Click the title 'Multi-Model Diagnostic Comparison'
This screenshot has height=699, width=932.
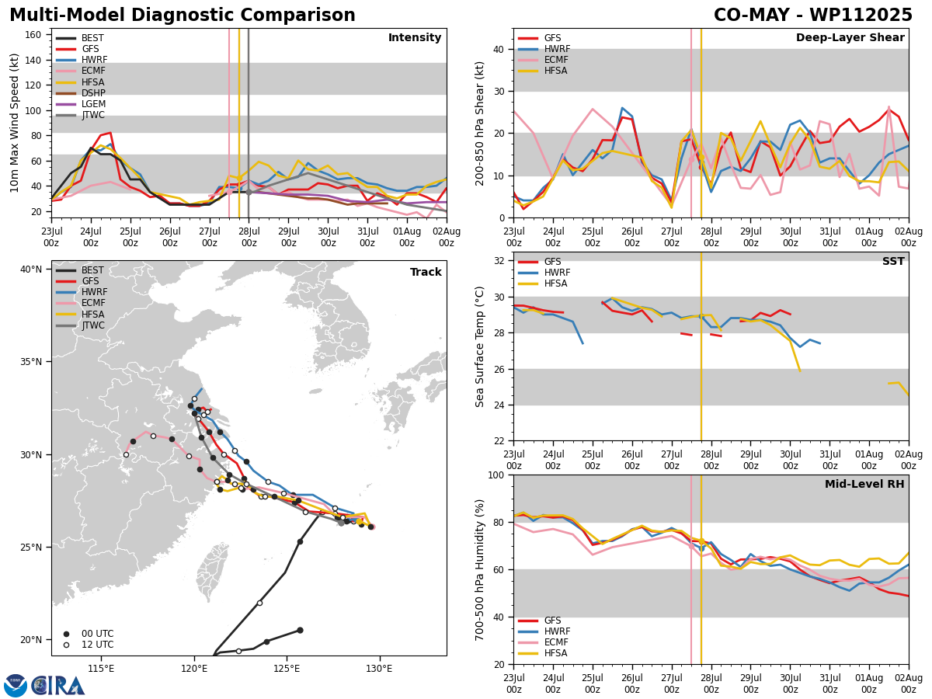(x=183, y=15)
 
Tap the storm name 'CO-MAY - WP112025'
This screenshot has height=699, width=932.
(x=812, y=15)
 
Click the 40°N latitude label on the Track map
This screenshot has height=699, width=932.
(x=31, y=270)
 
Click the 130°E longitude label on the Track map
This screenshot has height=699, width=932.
(x=379, y=669)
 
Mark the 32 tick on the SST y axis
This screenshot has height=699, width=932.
(x=499, y=261)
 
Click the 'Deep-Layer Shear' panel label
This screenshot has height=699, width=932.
(x=850, y=37)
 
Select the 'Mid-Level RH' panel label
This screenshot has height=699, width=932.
(x=864, y=484)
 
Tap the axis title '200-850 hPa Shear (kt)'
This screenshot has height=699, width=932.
(x=480, y=123)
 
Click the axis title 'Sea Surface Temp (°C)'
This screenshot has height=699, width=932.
(x=480, y=346)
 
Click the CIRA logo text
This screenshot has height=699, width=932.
(x=58, y=686)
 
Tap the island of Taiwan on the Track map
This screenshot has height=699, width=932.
(x=211, y=571)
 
